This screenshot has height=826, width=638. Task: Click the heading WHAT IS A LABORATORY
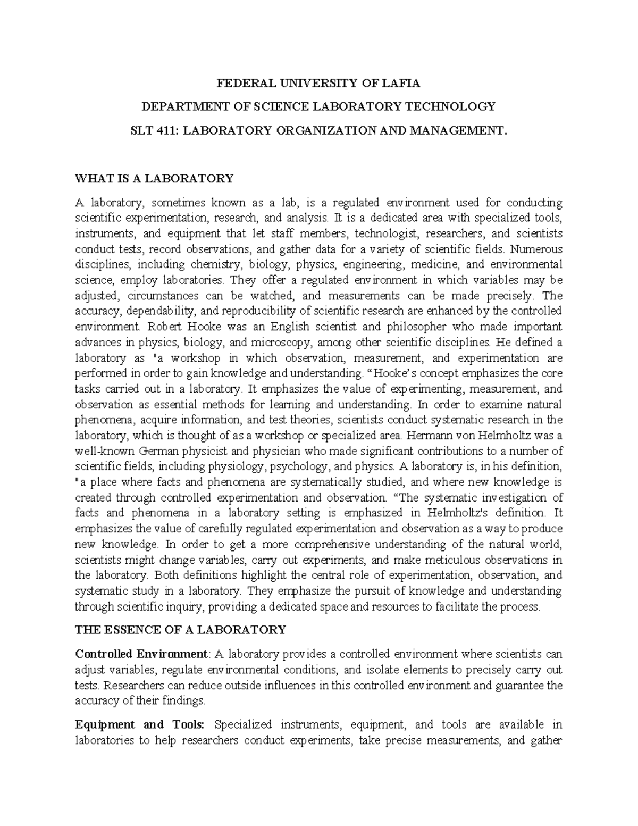pyautogui.click(x=154, y=178)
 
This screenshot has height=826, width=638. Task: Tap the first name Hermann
pyautogui.click(x=424, y=436)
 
